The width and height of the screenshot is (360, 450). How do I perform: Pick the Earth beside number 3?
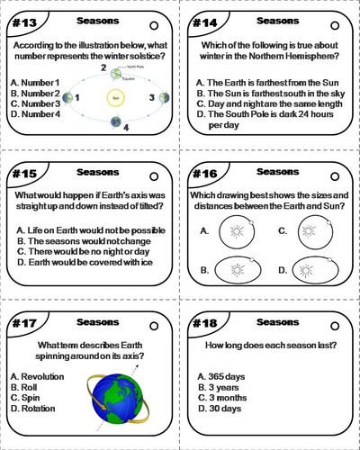pyautogui.click(x=164, y=97)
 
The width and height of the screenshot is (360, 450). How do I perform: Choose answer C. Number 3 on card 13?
pyautogui.click(x=36, y=103)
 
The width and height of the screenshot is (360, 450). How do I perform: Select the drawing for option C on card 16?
pyautogui.click(x=315, y=230)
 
